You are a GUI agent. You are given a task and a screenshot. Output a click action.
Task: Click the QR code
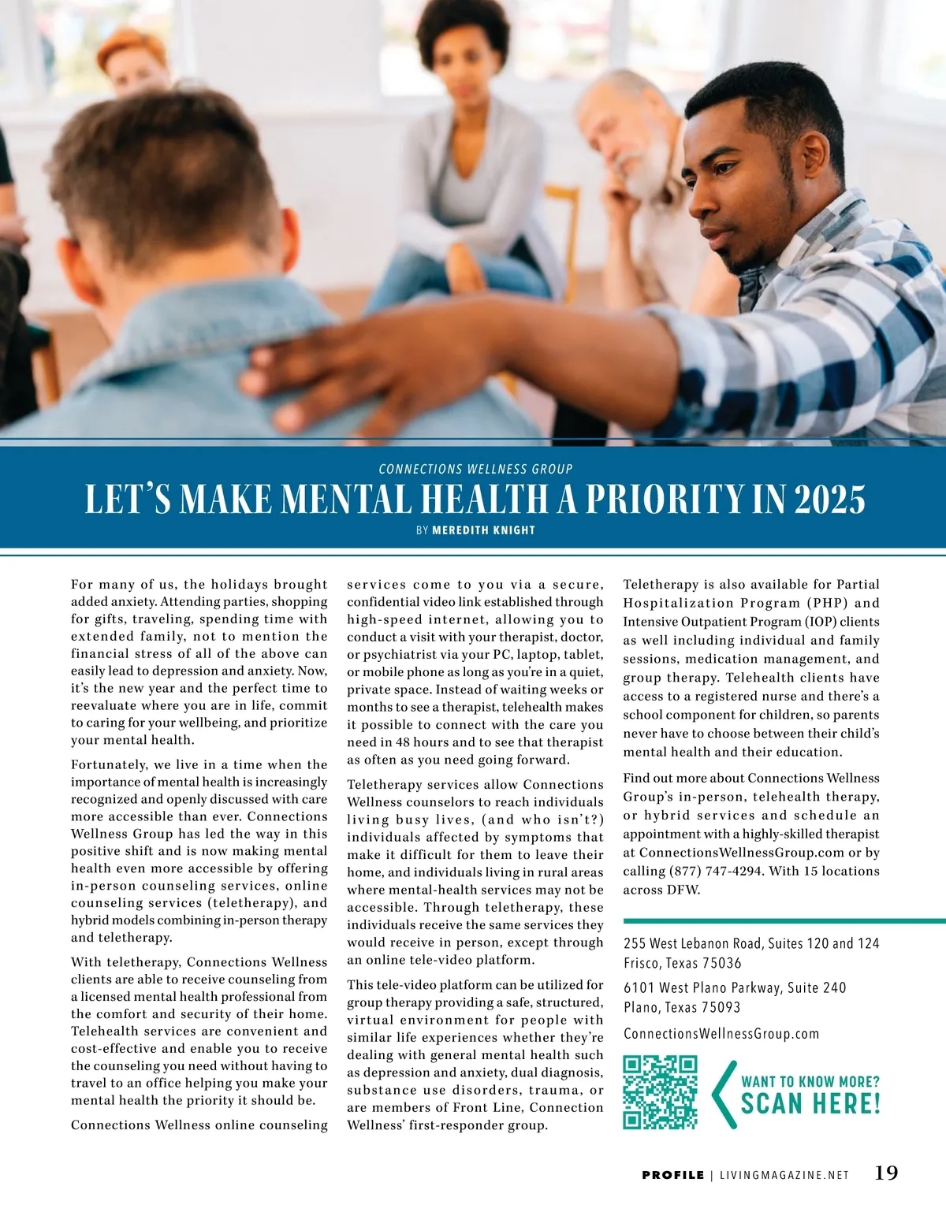660,1091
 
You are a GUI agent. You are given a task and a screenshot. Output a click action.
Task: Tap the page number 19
886,1173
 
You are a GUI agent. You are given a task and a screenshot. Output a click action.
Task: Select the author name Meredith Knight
483,530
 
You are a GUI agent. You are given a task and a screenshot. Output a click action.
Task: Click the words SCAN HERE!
810,1103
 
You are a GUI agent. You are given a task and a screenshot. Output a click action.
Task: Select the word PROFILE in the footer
672,1175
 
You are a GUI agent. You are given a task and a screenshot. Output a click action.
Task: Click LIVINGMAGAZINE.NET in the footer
784,1175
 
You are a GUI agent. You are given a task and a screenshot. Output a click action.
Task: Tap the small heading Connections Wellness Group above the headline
475,469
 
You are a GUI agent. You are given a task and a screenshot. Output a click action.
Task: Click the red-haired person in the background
134,63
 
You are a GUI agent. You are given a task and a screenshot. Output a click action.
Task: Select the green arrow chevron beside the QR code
722,1094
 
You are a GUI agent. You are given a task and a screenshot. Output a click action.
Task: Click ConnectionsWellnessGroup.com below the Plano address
721,1034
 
